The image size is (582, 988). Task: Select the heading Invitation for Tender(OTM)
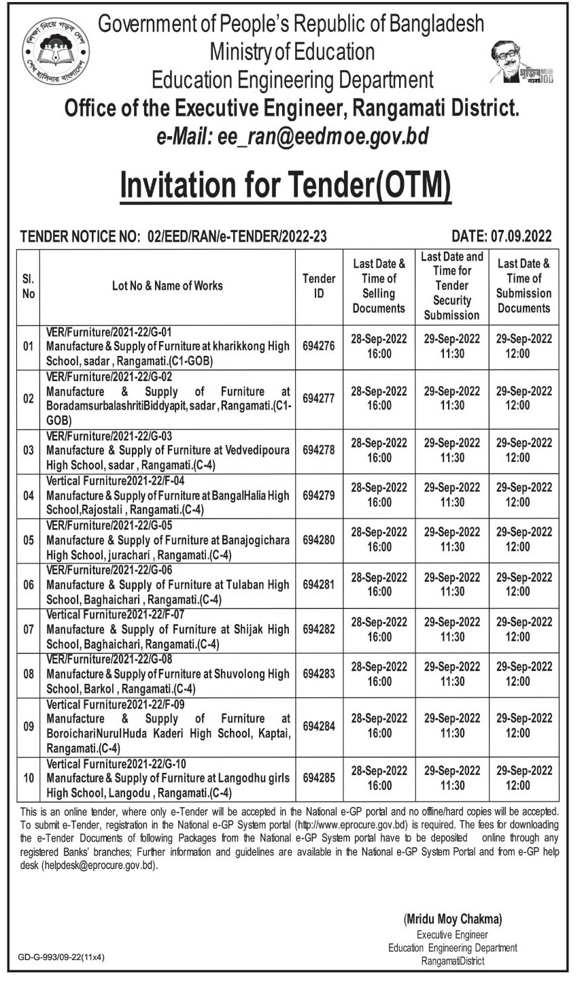point(286,186)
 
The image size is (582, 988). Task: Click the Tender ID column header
point(319,286)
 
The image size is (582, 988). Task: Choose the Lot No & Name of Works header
point(167,286)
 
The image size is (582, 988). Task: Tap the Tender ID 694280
point(319,540)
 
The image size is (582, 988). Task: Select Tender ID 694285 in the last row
point(319,778)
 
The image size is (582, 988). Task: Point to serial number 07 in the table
point(29,629)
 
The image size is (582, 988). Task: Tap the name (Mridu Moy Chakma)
point(452,919)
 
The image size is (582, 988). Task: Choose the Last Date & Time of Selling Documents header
point(379,286)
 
